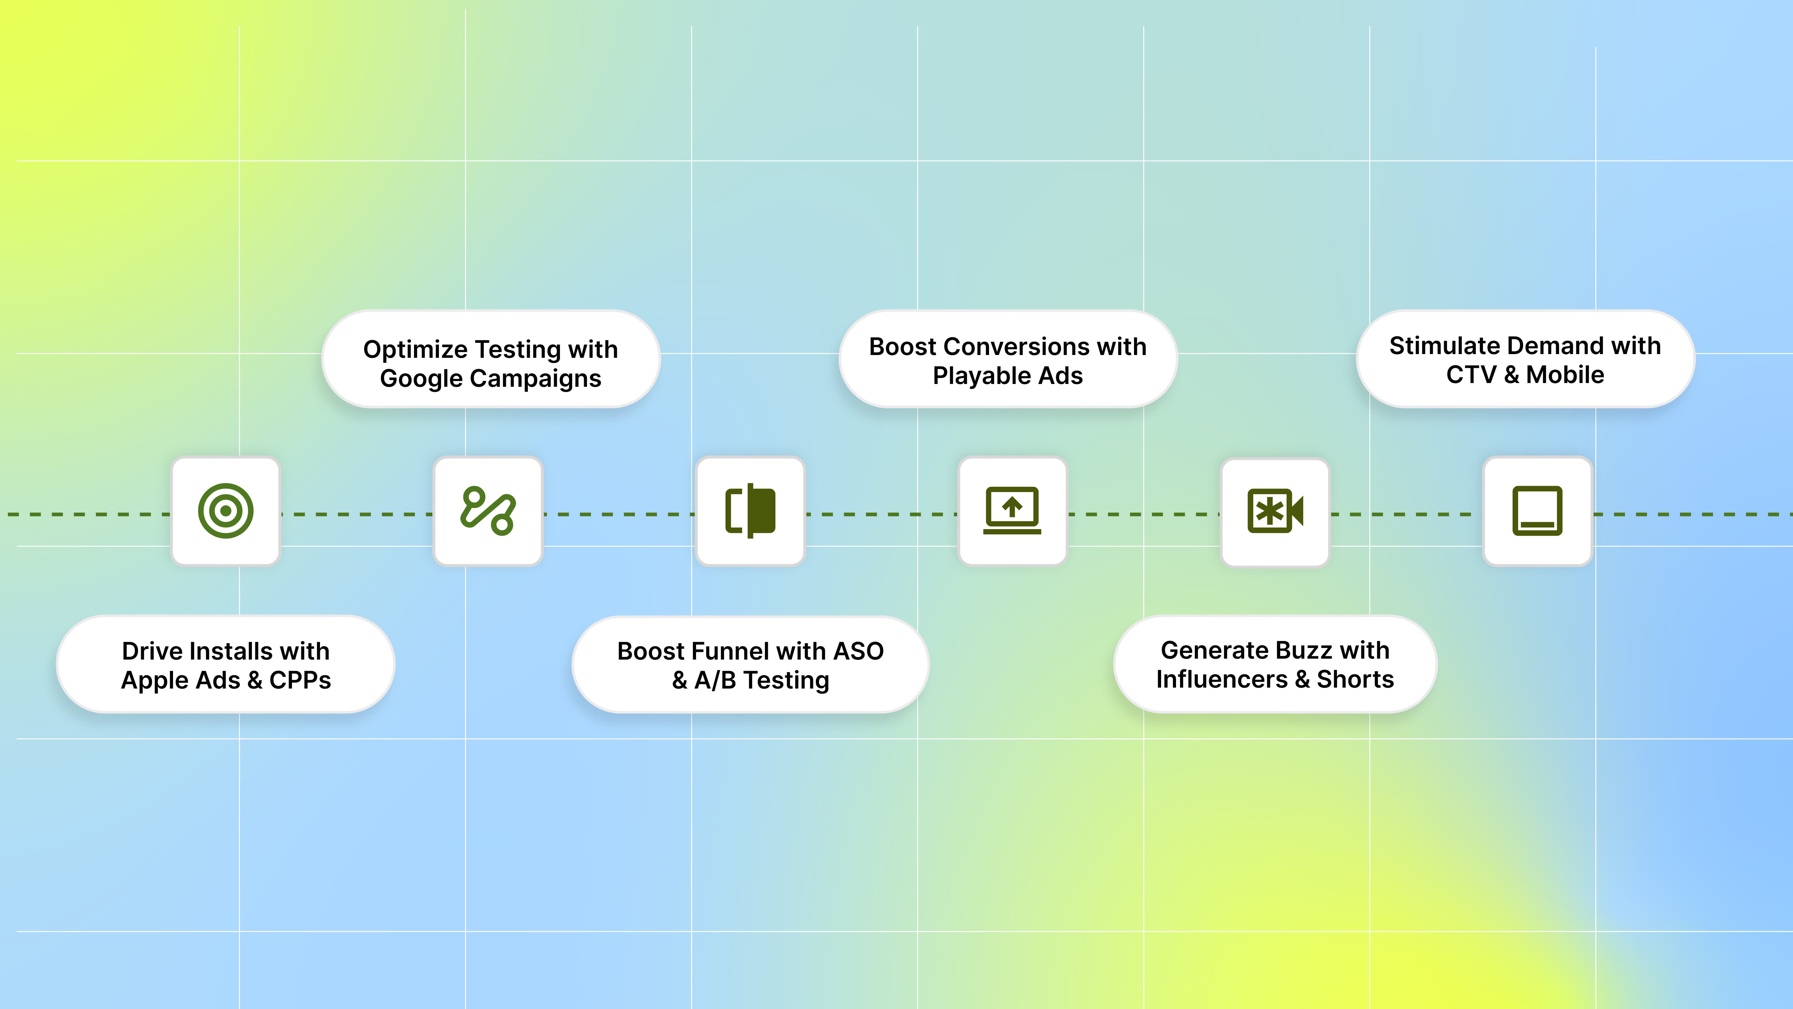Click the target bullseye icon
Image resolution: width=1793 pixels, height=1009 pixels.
coord(225,511)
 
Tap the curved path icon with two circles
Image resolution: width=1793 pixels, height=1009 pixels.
coord(488,511)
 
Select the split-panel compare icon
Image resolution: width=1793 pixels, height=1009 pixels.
coord(750,511)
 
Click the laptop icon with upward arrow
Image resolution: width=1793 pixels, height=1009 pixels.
coord(1012,511)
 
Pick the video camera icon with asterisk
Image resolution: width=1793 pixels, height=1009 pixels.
coord(1274,511)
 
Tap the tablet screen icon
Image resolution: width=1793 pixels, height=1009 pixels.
coord(1537,511)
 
